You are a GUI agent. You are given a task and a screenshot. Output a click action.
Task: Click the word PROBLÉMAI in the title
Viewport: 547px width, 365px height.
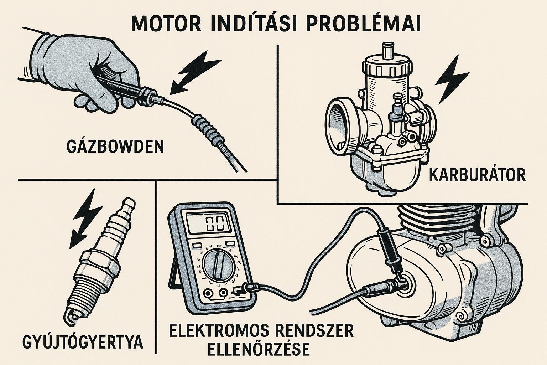(x=363, y=24)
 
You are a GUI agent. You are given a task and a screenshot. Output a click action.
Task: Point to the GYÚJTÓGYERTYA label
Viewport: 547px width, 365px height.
(x=83, y=342)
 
